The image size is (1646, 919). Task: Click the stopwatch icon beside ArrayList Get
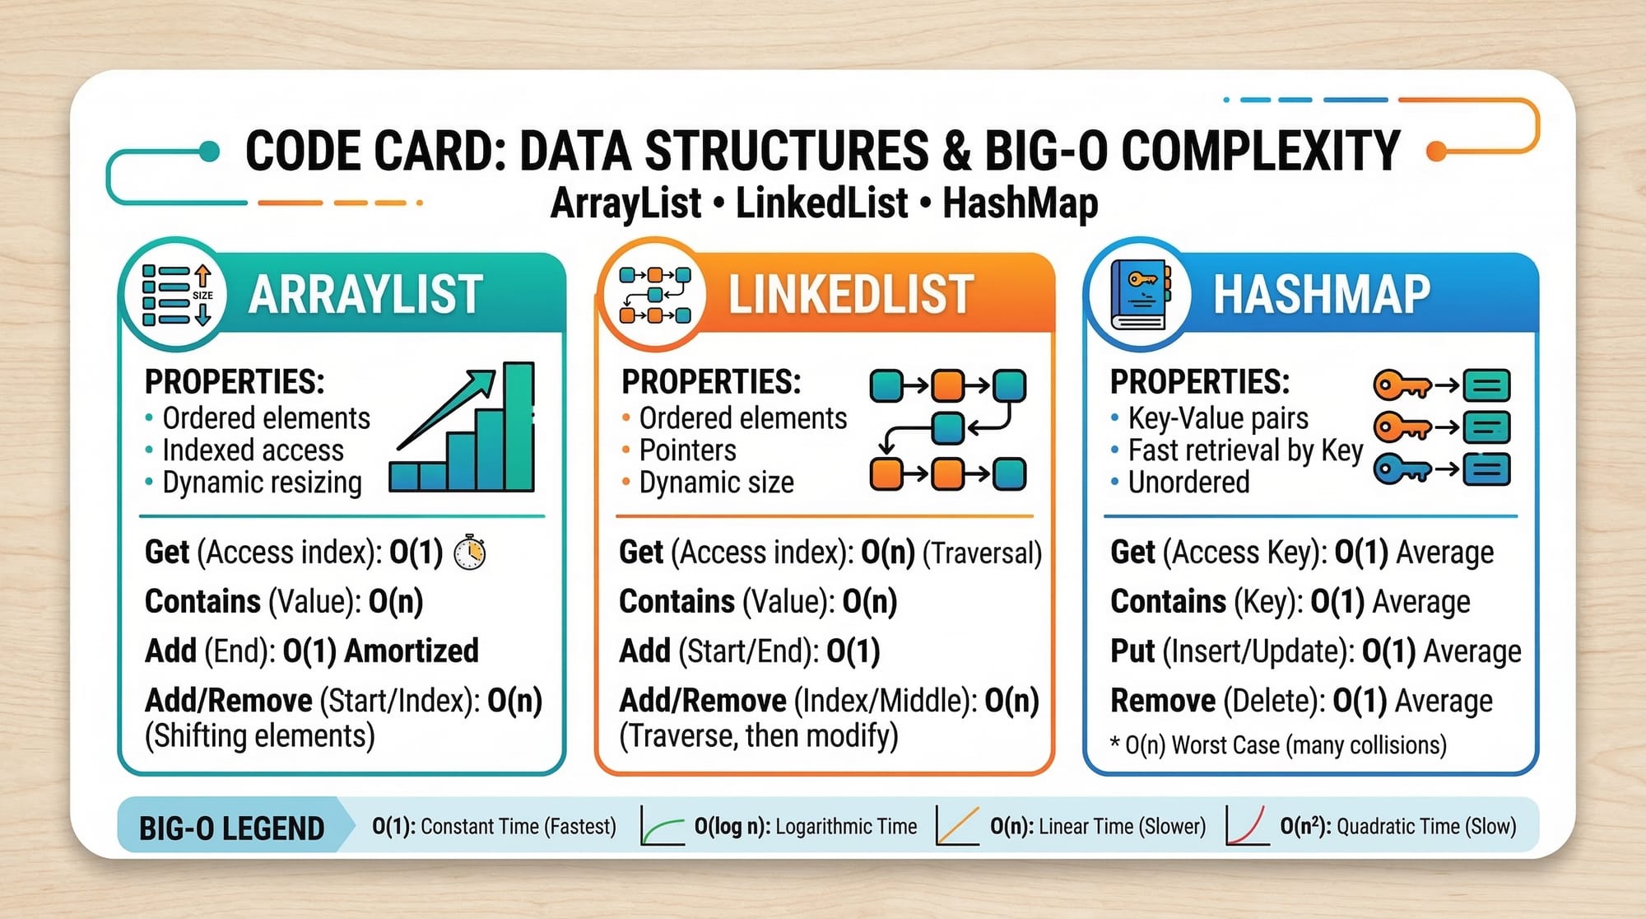click(470, 552)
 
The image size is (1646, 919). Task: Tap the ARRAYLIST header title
click(365, 295)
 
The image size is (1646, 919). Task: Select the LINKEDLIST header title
click(851, 295)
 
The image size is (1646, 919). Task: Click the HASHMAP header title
click(1322, 295)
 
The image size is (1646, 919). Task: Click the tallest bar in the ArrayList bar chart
click(518, 427)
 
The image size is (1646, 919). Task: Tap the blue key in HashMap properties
click(1402, 469)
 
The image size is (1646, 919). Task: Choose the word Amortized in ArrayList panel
click(411, 651)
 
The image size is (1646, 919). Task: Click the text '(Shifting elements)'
click(260, 735)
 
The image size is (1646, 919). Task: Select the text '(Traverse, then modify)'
click(758, 735)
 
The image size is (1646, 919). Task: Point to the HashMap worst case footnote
click(1278, 745)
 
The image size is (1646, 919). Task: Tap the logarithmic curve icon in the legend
click(663, 826)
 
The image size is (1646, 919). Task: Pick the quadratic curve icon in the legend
click(1247, 826)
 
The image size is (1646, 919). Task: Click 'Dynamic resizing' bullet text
click(262, 483)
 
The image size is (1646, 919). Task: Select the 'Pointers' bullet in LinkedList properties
click(688, 450)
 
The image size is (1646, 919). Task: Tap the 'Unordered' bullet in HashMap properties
click(1188, 483)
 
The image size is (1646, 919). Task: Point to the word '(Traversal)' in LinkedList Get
click(982, 553)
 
